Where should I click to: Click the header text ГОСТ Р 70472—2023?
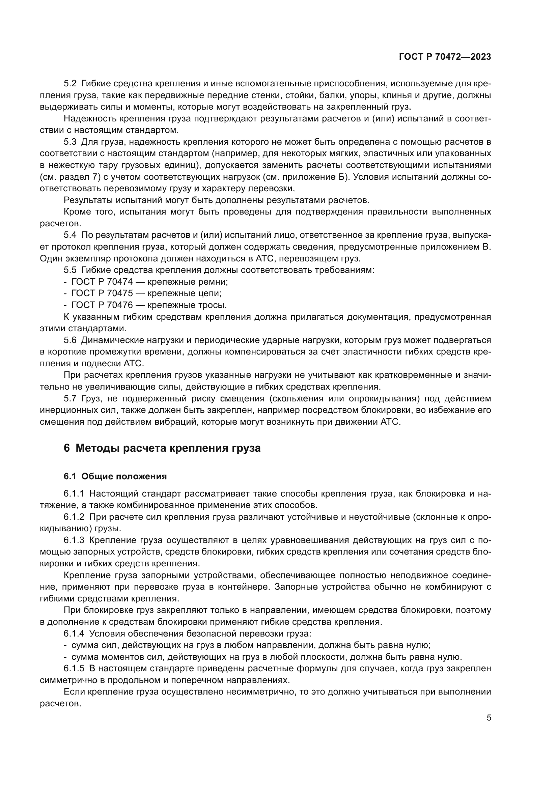click(445, 57)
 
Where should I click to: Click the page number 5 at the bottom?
click(489, 717)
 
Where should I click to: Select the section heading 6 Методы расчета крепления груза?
click(162, 448)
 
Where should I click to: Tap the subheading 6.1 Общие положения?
click(115, 476)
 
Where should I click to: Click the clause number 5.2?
click(71, 84)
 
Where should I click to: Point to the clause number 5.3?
click(71, 142)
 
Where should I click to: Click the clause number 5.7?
click(71, 399)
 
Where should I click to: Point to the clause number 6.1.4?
click(74, 633)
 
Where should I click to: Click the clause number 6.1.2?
click(74, 517)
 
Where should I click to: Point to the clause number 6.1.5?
click(74, 668)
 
